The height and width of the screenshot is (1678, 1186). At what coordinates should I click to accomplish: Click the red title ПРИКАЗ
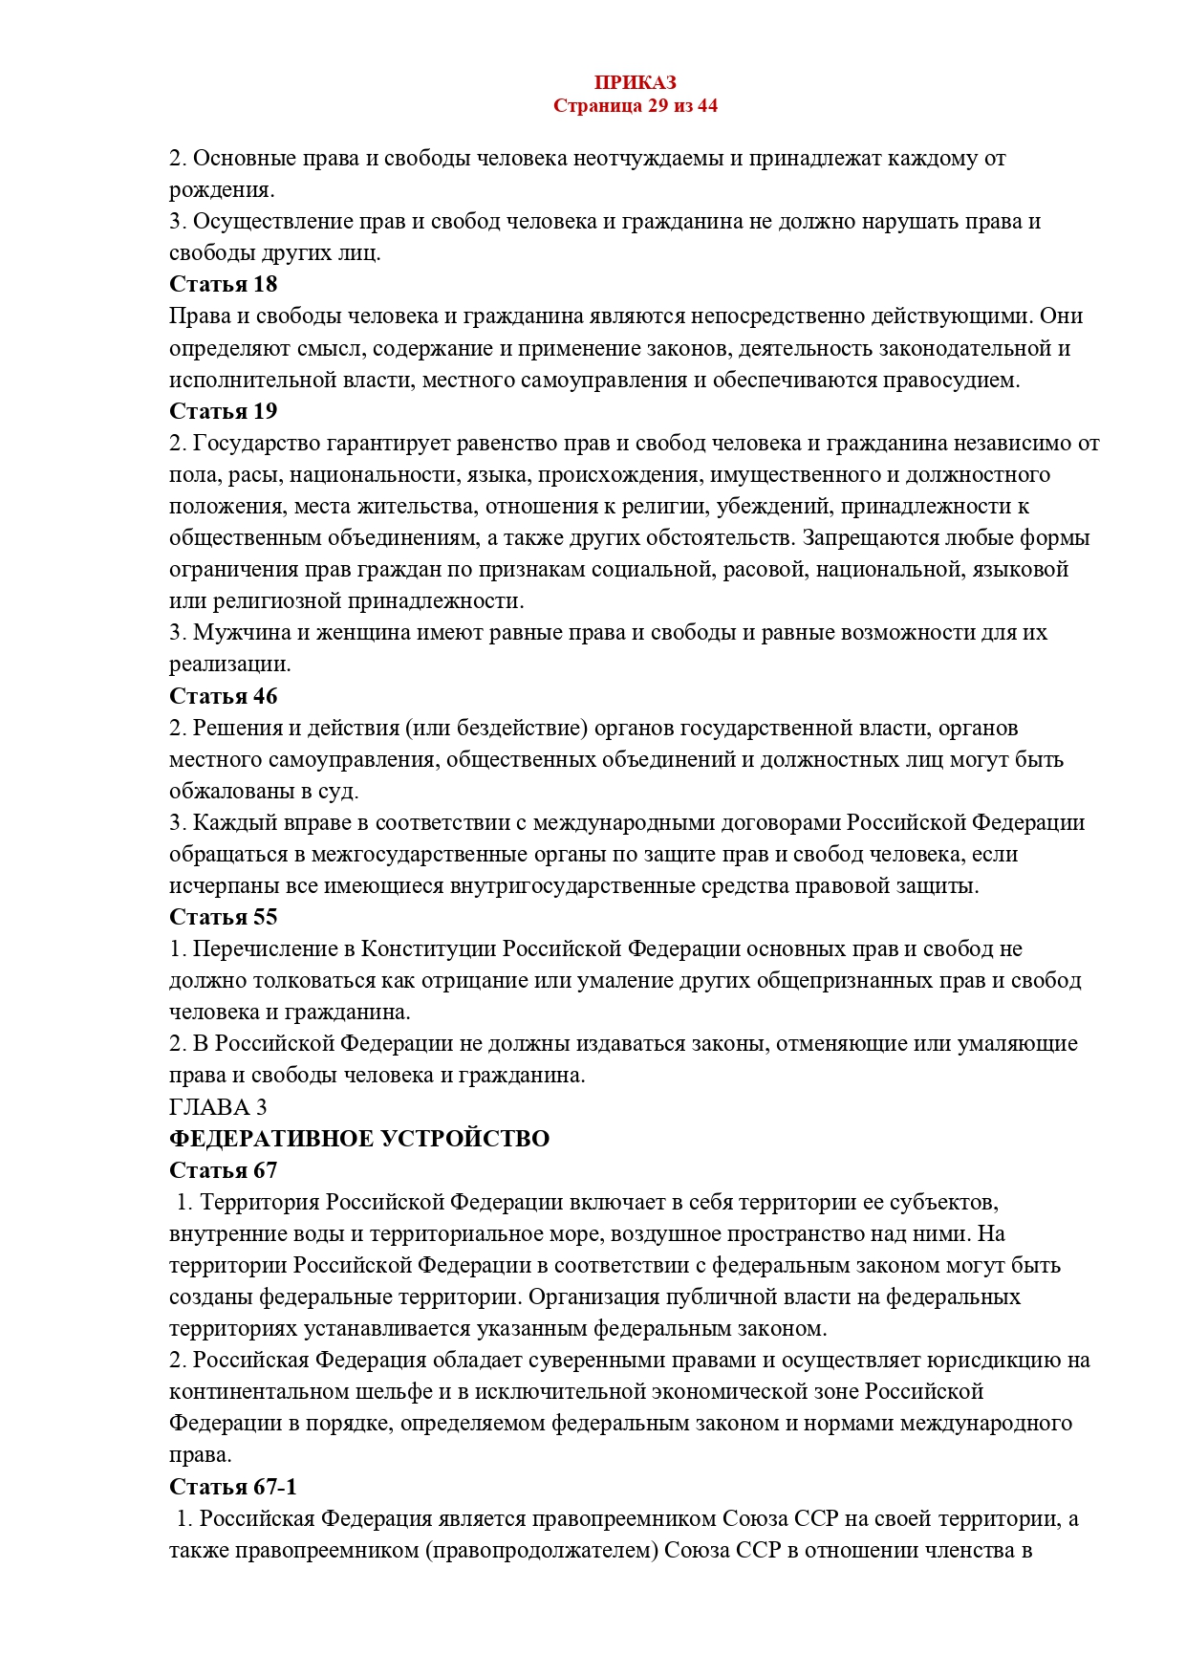[635, 83]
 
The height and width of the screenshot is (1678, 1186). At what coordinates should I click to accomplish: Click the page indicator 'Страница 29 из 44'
[635, 105]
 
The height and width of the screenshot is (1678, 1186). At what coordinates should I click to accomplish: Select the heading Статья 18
[223, 284]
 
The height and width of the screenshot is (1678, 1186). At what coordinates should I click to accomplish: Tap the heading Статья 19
[223, 411]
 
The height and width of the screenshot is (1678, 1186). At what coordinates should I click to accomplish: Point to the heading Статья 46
[223, 696]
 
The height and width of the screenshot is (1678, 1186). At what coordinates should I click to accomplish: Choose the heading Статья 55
[223, 917]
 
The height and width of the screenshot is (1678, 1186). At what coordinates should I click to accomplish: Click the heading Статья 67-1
[233, 1487]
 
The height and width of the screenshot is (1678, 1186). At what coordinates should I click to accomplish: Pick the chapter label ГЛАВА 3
[218, 1107]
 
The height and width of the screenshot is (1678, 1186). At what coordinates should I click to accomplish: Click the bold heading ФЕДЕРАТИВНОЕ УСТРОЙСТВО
[359, 1139]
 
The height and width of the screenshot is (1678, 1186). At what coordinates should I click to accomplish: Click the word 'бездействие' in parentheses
[519, 728]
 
